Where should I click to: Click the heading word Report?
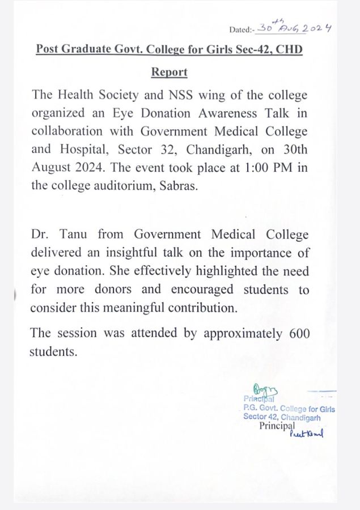point(169,73)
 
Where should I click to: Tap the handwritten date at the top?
point(294,28)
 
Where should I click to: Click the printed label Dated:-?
point(242,29)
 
